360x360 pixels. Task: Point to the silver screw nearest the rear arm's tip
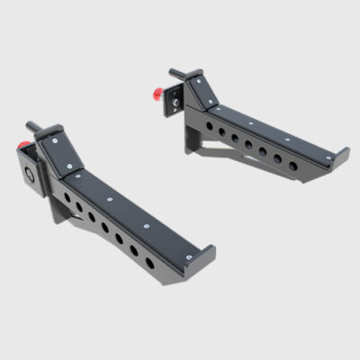tap(329, 157)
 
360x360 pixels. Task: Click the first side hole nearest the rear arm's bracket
tap(208, 125)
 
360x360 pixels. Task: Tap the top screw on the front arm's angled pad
tap(54, 140)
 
